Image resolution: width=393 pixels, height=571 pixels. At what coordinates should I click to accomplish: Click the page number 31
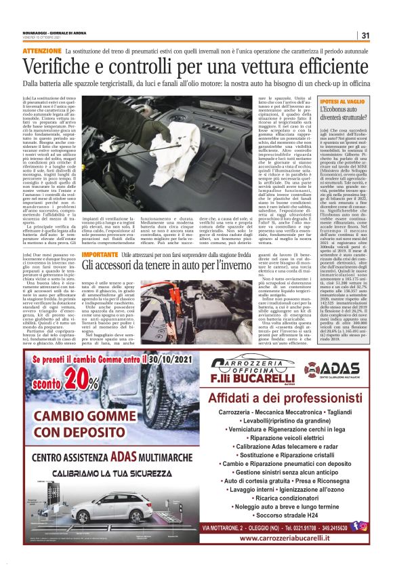365,36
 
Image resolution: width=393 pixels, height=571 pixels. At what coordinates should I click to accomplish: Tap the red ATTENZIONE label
41,51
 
